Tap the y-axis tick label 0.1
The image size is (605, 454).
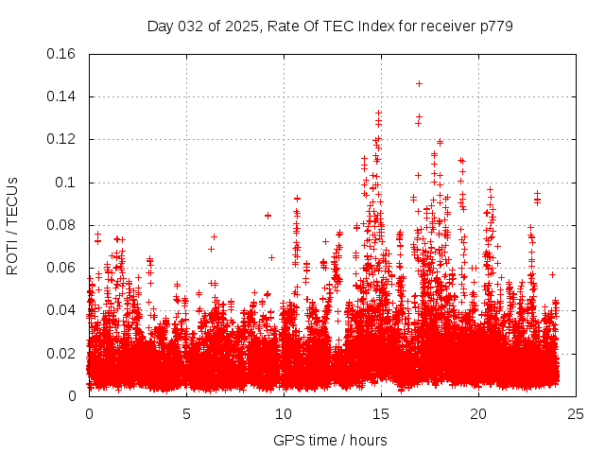[68, 183]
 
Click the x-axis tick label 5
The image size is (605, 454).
[186, 413]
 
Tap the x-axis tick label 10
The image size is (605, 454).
[284, 413]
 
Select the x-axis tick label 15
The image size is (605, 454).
[381, 413]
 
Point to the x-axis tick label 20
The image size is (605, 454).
[478, 413]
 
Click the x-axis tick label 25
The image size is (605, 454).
[576, 413]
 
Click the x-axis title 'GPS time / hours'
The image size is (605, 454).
[332, 440]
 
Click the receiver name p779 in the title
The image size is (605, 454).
[495, 26]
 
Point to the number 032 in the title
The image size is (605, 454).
[191, 26]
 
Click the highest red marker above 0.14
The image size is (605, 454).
[419, 83]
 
